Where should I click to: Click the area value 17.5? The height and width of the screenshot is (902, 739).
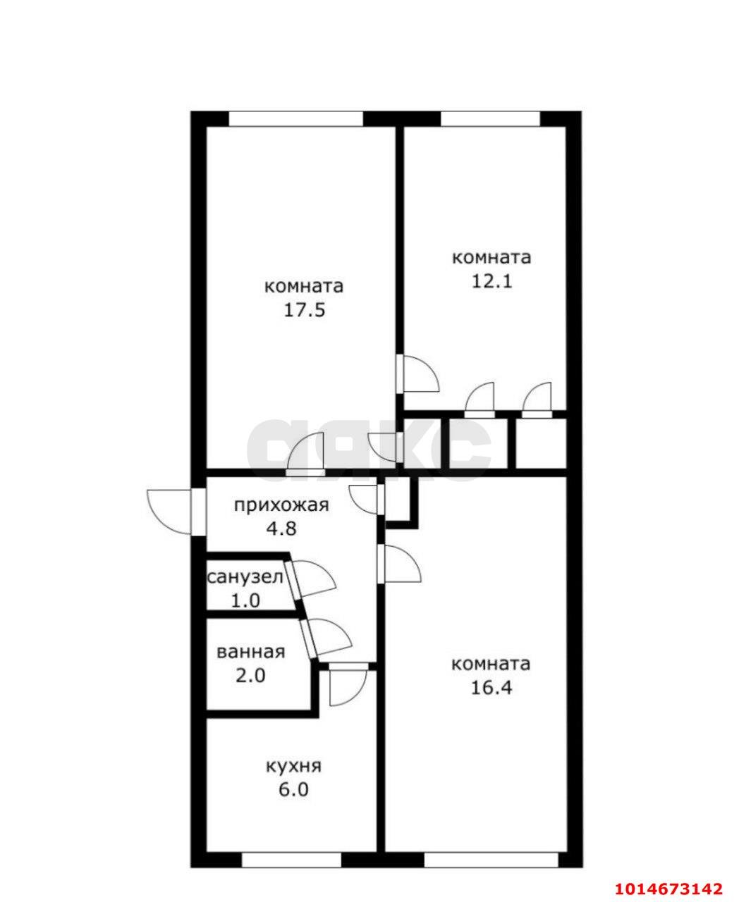(x=304, y=311)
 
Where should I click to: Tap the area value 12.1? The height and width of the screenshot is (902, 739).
(x=491, y=281)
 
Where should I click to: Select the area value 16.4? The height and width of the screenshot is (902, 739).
(x=491, y=687)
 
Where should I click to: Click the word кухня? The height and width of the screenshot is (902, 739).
(x=293, y=766)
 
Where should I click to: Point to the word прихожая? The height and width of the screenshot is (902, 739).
(x=281, y=505)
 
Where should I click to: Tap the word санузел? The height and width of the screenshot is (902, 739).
(x=245, y=578)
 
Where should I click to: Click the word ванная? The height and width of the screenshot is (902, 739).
(x=251, y=652)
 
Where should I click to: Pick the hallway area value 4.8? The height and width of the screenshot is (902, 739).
(x=281, y=528)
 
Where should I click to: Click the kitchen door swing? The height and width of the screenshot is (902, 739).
(x=348, y=686)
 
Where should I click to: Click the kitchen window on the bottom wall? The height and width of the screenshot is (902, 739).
(x=291, y=860)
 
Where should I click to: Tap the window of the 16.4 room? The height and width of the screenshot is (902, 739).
(x=491, y=860)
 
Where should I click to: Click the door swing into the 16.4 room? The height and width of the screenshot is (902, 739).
(x=402, y=564)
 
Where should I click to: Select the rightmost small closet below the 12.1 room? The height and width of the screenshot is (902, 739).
(x=541, y=443)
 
